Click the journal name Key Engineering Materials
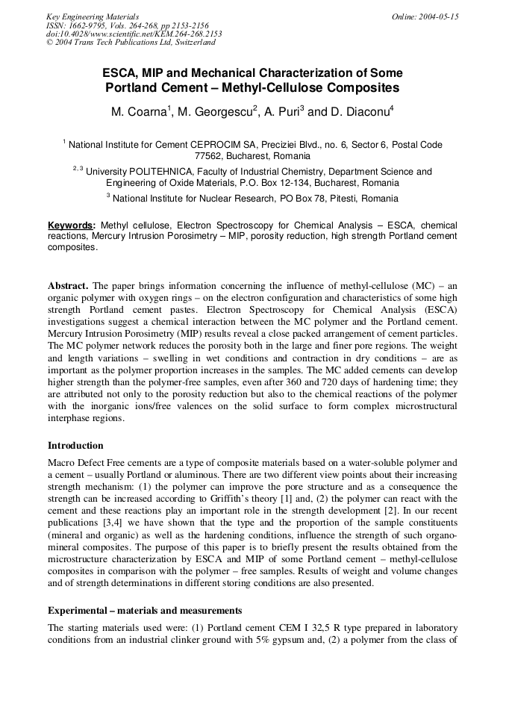click(x=93, y=16)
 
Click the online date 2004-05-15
click(x=437, y=16)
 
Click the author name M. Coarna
click(x=139, y=112)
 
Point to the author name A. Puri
click(x=281, y=112)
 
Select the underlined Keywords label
click(x=71, y=225)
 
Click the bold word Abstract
click(x=68, y=286)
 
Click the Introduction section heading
click(x=75, y=446)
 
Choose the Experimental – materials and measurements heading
click(x=144, y=610)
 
